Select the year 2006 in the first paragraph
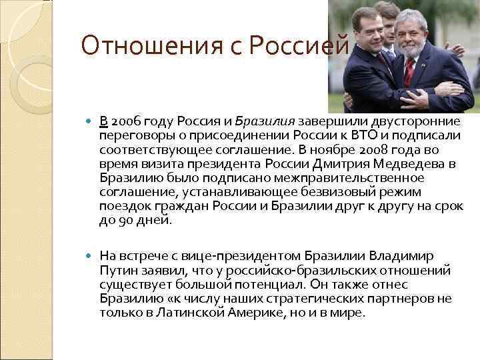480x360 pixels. pos(127,121)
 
